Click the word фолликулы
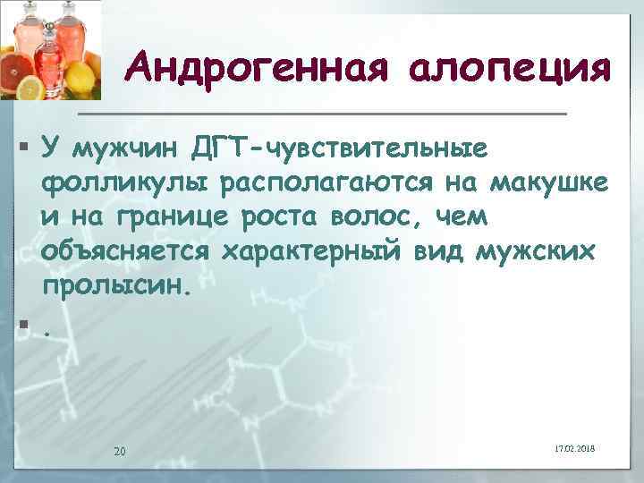[x=114, y=182]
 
